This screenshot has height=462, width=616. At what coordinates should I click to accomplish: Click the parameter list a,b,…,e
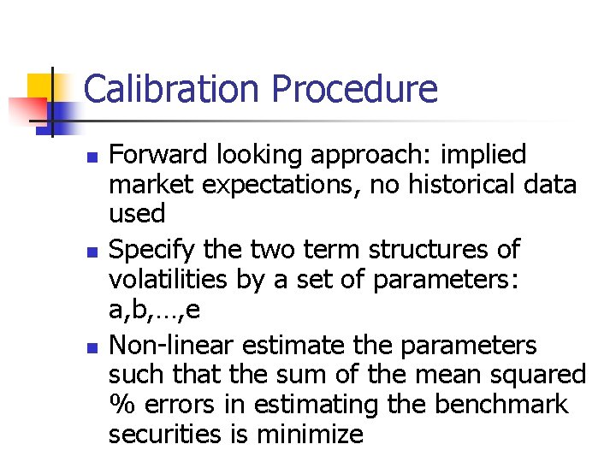point(155,310)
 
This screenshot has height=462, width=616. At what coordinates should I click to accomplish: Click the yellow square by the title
point(40,86)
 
